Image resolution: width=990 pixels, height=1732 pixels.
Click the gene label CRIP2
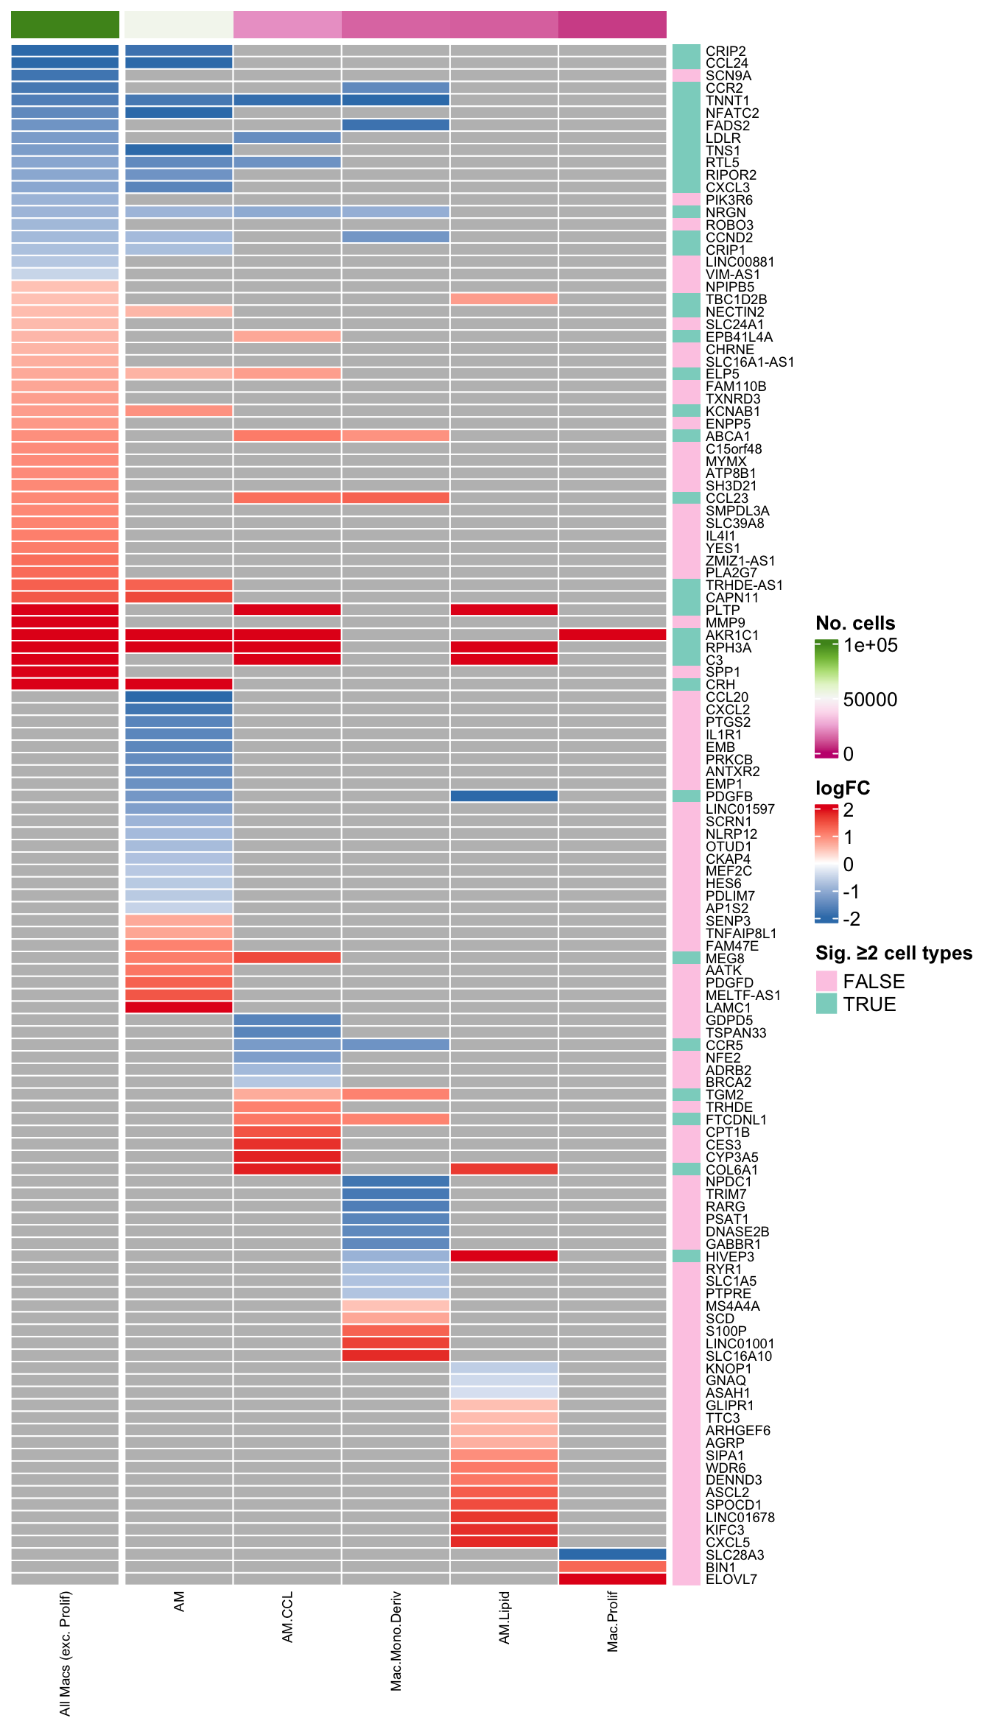pyautogui.click(x=726, y=51)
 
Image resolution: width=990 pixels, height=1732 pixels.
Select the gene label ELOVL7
pyautogui.click(x=731, y=1579)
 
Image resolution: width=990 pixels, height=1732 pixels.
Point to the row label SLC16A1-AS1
pyautogui.click(x=749, y=362)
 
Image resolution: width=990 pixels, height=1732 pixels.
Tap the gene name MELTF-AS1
pyautogui.click(x=742, y=995)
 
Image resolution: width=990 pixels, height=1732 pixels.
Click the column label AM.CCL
pyautogui.click(x=287, y=1617)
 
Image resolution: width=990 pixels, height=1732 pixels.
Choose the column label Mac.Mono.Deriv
pyautogui.click(x=396, y=1641)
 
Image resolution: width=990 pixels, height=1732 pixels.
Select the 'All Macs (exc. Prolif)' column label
pyautogui.click(x=65, y=1653)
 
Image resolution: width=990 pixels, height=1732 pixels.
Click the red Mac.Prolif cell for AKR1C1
pyautogui.click(x=612, y=635)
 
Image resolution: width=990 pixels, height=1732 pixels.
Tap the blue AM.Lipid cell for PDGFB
pyautogui.click(x=504, y=796)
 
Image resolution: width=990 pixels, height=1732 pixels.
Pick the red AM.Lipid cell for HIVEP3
pyautogui.click(x=504, y=1256)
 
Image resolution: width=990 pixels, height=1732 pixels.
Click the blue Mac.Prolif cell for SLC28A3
pyautogui.click(x=612, y=1555)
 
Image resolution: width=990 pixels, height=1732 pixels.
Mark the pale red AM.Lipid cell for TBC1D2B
pyautogui.click(x=504, y=299)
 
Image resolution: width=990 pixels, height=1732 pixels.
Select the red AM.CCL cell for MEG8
pyautogui.click(x=287, y=958)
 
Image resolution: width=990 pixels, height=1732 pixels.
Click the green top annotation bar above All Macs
pyautogui.click(x=65, y=24)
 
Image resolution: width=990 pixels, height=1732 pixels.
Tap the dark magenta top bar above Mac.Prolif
pyautogui.click(x=612, y=24)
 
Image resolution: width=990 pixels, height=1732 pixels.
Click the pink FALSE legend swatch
pyautogui.click(x=826, y=981)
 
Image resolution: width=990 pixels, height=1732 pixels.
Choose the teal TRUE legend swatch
pyautogui.click(x=826, y=1004)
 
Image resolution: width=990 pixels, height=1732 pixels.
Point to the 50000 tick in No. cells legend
pyautogui.click(x=870, y=700)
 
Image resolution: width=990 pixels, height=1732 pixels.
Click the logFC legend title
pyautogui.click(x=842, y=788)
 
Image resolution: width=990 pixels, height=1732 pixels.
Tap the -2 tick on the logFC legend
pyautogui.click(x=852, y=919)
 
